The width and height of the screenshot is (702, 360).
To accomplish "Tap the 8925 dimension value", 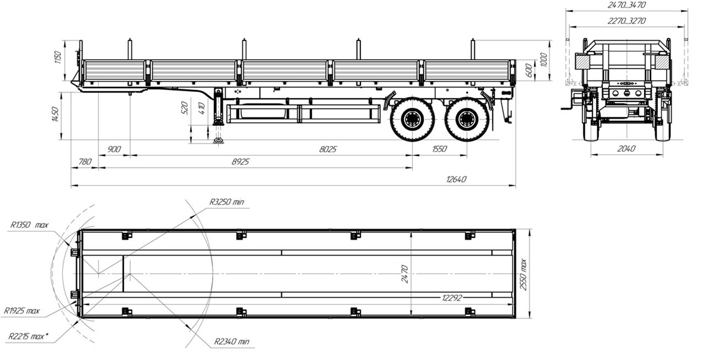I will click(241, 162).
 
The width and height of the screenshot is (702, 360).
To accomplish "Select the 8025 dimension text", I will click(329, 149).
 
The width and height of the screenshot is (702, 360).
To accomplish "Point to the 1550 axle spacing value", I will click(440, 149).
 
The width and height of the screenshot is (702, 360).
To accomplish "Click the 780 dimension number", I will click(84, 162).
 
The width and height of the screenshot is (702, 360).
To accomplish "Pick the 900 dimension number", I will click(114, 149).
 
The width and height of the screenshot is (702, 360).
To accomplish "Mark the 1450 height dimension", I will click(57, 115).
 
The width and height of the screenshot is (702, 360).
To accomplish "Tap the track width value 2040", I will click(626, 149).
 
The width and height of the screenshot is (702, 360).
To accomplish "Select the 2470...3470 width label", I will click(627, 5).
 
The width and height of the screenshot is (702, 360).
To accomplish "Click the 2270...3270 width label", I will click(627, 20).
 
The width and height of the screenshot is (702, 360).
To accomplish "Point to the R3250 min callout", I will click(226, 202).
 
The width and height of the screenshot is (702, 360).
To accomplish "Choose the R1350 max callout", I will click(29, 224).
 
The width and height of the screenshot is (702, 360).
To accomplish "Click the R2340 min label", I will click(231, 342).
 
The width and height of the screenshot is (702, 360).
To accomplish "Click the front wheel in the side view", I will click(410, 120).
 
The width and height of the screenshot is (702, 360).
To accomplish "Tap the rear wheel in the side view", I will click(466, 120).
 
